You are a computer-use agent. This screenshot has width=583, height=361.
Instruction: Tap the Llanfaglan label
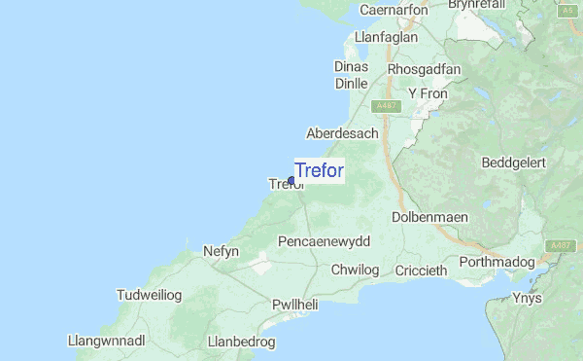(x=387, y=37)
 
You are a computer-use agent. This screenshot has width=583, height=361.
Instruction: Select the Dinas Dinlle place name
(x=351, y=75)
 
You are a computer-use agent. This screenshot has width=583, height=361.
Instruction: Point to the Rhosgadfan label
(x=424, y=69)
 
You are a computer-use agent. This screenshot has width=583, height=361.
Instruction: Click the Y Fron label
(x=426, y=93)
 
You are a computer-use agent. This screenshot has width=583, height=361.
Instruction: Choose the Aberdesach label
(x=342, y=132)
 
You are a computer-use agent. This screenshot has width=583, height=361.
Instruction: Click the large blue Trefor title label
(x=319, y=170)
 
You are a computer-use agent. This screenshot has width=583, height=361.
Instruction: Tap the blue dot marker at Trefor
(x=291, y=180)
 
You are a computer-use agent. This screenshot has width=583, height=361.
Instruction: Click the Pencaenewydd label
(x=324, y=240)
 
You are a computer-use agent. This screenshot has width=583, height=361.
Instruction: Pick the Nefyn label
(x=221, y=251)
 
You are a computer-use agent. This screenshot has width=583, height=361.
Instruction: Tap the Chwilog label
(x=354, y=269)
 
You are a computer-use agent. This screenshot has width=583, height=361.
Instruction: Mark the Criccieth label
(x=421, y=270)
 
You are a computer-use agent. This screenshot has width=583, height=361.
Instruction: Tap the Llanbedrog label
(x=242, y=342)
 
